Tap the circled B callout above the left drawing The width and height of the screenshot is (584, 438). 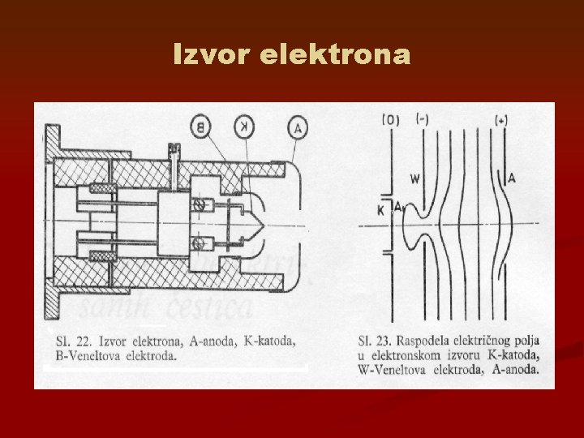[x=202, y=125]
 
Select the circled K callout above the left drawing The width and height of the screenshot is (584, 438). [x=243, y=125]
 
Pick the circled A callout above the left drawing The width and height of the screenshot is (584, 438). [x=297, y=125]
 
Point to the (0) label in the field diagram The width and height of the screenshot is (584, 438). [x=390, y=121]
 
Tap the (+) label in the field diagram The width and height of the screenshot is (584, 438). [x=503, y=121]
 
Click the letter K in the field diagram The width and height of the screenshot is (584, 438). [x=380, y=209]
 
